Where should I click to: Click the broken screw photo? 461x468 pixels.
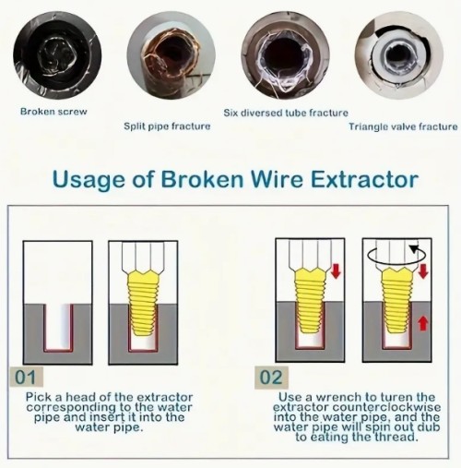[x=57, y=54]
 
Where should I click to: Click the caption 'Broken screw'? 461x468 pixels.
[x=53, y=112]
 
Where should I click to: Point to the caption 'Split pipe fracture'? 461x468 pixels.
[x=167, y=126]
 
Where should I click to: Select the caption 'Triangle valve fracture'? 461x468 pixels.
[x=403, y=126]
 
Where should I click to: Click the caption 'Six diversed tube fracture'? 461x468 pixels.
[x=286, y=113]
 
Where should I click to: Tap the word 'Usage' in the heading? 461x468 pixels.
[x=89, y=180]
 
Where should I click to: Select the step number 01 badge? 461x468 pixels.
[x=26, y=377]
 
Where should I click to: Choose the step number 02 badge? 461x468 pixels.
[x=271, y=378]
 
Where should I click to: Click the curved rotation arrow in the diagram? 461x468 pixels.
[x=397, y=254]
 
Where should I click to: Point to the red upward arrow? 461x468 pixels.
[x=423, y=324]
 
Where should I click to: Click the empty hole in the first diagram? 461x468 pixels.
[x=58, y=327]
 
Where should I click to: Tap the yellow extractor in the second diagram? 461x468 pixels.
[x=143, y=303]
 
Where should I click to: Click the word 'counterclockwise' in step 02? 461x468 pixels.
[x=386, y=407]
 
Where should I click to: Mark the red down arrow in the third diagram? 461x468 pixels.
[x=337, y=271]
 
